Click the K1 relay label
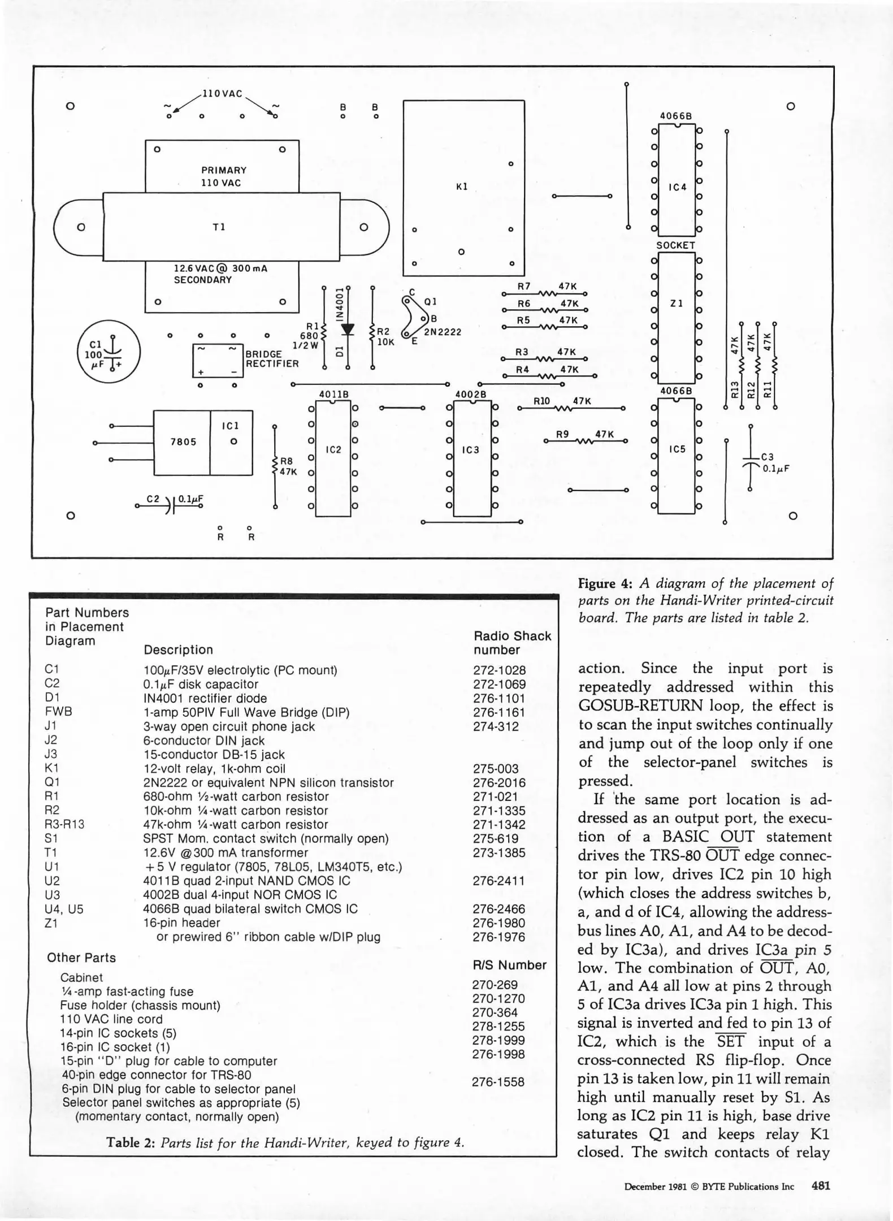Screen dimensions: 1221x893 (x=462, y=187)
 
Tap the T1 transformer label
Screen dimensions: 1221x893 (x=219, y=227)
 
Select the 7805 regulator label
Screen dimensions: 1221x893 (x=183, y=442)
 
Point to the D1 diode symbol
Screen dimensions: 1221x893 (x=348, y=329)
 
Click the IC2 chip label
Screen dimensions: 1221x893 (x=333, y=450)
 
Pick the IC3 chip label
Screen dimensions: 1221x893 (x=470, y=450)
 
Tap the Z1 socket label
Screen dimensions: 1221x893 (x=677, y=304)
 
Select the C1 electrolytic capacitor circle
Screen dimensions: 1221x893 (x=109, y=352)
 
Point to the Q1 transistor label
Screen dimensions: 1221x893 (x=430, y=302)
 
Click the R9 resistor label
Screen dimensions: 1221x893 (x=562, y=434)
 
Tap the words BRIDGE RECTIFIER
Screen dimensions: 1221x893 (x=271, y=359)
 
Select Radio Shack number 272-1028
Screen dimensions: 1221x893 (x=499, y=670)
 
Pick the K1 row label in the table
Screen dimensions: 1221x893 (x=51, y=768)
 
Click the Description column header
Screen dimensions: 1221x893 (x=178, y=650)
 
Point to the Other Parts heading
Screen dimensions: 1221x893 (x=81, y=958)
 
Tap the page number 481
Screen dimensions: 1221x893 (x=821, y=1186)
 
